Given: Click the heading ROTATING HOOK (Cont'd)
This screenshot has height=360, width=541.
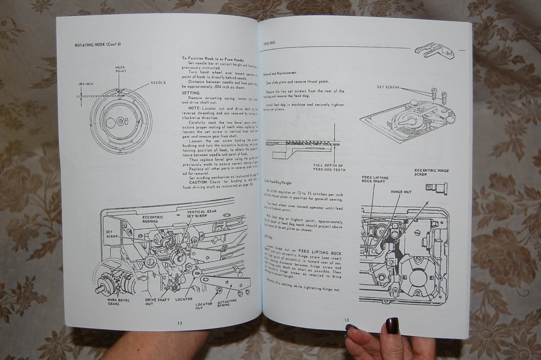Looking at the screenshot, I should tap(97, 45).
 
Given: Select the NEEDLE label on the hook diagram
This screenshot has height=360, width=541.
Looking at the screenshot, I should tap(158, 83).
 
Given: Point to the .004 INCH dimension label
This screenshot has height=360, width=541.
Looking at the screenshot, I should tap(85, 84).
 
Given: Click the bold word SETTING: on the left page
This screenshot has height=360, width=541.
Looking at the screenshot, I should tap(191, 93).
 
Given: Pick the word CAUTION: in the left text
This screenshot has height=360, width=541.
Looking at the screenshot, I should tap(198, 182).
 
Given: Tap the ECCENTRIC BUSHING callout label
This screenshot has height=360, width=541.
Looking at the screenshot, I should tap(153, 219).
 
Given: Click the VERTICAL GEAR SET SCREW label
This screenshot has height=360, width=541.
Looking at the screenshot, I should tap(201, 214).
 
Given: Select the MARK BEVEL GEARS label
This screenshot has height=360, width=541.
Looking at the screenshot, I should tap(119, 302).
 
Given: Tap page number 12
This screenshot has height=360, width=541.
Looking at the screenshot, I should tap(179, 323).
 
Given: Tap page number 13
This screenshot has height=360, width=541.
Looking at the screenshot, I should tap(346, 320).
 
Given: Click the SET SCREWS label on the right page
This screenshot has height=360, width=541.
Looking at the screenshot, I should tap(388, 87).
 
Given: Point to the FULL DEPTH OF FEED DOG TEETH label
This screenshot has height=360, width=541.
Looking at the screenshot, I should tap(329, 167).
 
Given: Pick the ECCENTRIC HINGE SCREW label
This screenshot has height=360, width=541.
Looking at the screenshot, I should tap(432, 172).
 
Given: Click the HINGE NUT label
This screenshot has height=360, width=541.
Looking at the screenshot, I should tap(401, 192).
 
